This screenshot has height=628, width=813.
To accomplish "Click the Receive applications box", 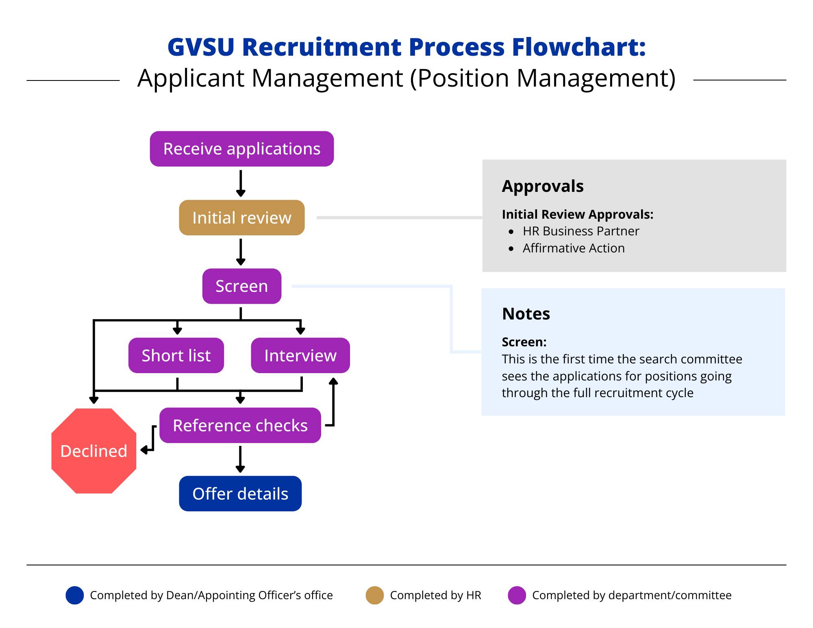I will pyautogui.click(x=241, y=149).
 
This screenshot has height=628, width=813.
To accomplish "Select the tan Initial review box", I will pyautogui.click(x=241, y=217).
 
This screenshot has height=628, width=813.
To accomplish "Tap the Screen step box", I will pyautogui.click(x=241, y=286).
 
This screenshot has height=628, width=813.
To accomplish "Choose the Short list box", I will pyautogui.click(x=176, y=355).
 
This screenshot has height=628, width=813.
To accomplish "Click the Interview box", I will pyautogui.click(x=300, y=355).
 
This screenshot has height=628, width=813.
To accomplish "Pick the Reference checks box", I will pyautogui.click(x=240, y=425).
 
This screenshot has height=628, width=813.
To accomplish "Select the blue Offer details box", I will pyautogui.click(x=240, y=493).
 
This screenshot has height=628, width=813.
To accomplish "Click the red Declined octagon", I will pyautogui.click(x=94, y=451).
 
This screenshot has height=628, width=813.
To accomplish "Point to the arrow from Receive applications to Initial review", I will pyautogui.click(x=241, y=183).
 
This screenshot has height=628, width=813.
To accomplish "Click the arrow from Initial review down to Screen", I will pyautogui.click(x=241, y=252).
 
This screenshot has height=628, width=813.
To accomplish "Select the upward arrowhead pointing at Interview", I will pyautogui.click(x=333, y=381).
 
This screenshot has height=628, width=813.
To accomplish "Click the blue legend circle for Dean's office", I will pyautogui.click(x=75, y=595).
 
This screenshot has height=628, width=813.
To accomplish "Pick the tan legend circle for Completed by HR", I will pyautogui.click(x=374, y=595).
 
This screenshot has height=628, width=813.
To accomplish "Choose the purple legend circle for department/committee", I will pyautogui.click(x=517, y=595).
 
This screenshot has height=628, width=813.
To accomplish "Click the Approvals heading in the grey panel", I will pyautogui.click(x=543, y=186).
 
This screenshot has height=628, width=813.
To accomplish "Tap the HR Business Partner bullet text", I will pyautogui.click(x=580, y=231).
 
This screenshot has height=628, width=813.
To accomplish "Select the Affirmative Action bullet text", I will pyautogui.click(x=573, y=248).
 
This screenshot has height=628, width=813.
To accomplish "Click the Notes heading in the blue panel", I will pyautogui.click(x=526, y=314).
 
